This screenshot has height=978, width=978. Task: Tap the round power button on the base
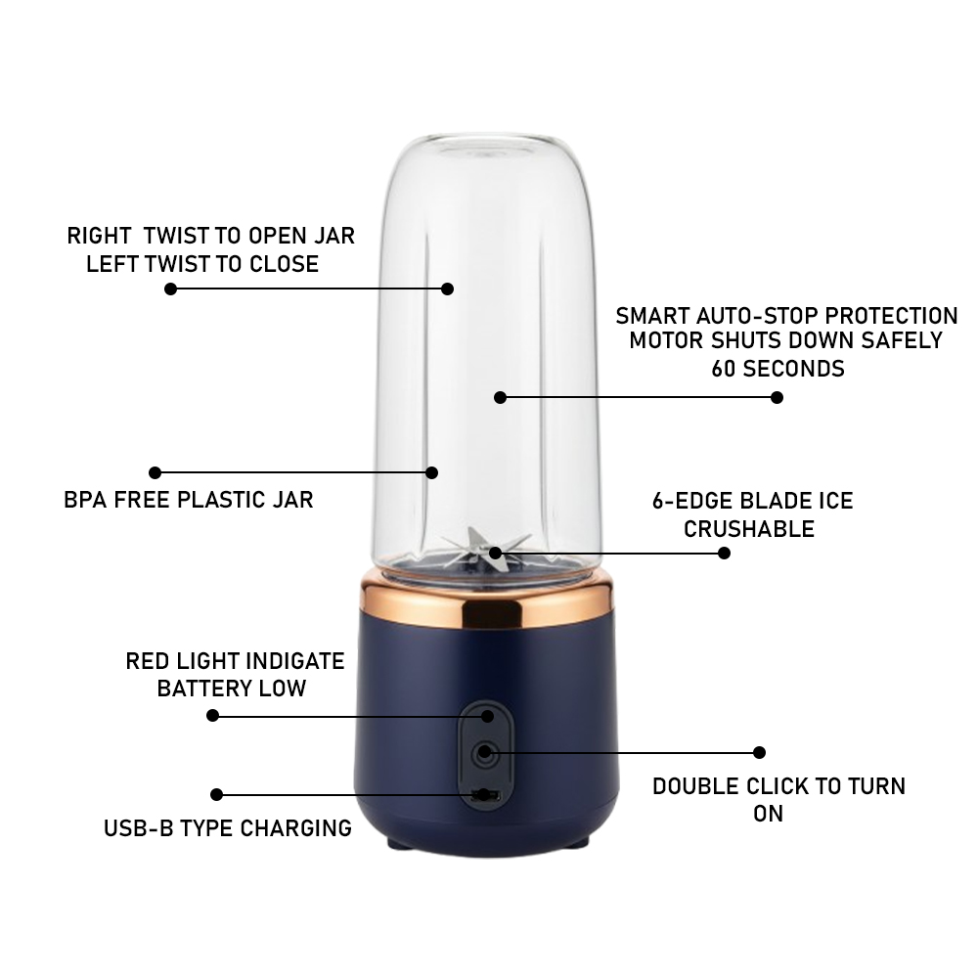[485, 753]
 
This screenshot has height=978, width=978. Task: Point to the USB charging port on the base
[486, 795]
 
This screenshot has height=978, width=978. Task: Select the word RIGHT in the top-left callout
[99, 236]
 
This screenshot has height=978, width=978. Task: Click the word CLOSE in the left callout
[285, 264]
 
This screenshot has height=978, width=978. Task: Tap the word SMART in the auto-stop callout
[652, 316]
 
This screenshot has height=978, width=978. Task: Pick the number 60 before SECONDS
[724, 369]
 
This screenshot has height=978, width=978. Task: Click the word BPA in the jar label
[85, 500]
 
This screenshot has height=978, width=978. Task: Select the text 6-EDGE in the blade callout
[691, 501]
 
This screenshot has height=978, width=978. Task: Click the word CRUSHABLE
[749, 529]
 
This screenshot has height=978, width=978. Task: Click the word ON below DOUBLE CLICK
[768, 814]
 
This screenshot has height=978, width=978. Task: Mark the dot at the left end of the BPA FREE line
[156, 472]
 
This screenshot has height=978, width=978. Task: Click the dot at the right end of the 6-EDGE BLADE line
[724, 554]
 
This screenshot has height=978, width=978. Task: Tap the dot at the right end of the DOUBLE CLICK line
[759, 753]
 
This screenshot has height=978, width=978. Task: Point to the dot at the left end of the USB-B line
[216, 794]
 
